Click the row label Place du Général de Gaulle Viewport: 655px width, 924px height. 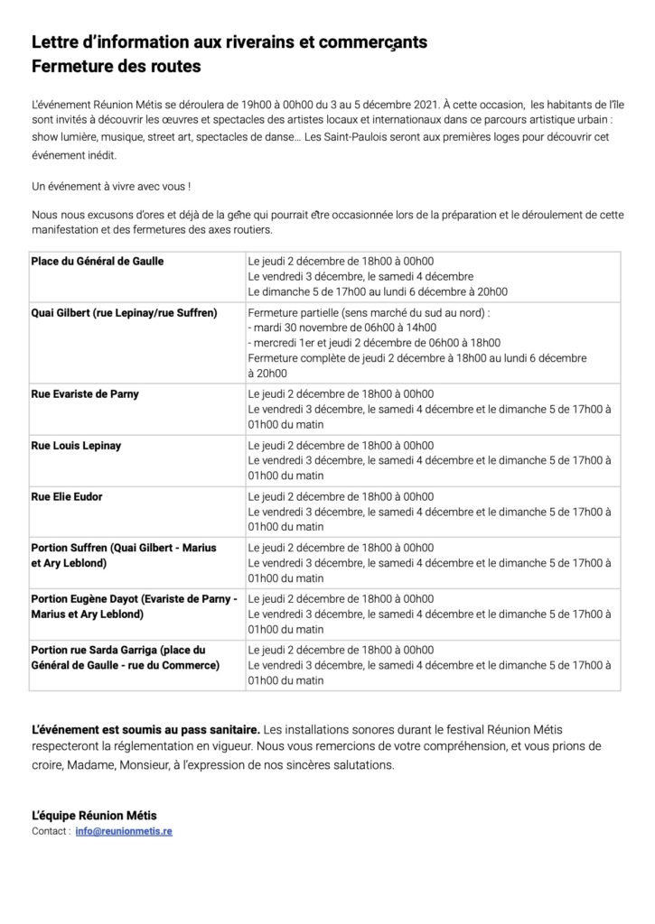pyautogui.click(x=98, y=261)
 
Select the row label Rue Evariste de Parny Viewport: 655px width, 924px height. pyautogui.click(x=85, y=394)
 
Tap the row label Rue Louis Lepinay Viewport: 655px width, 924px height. pyautogui.click(x=76, y=446)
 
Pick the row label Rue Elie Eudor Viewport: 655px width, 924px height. pyautogui.click(x=70, y=497)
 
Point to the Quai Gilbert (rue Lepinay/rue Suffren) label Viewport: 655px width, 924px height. pyautogui.click(x=124, y=313)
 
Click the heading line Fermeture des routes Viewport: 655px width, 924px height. pyautogui.click(x=116, y=67)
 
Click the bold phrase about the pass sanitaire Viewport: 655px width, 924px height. pyautogui.click(x=146, y=727)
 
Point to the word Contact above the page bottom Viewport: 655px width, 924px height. pyautogui.click(x=48, y=830)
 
